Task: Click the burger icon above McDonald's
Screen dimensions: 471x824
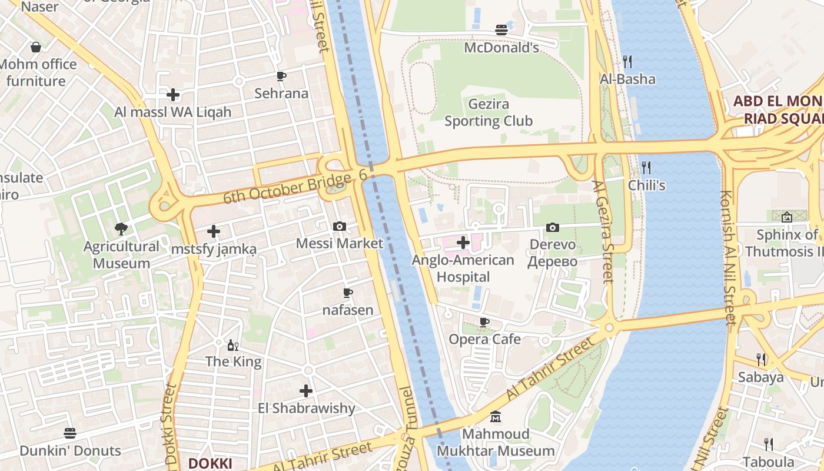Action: click(x=501, y=30)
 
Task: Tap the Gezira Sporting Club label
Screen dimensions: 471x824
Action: click(x=489, y=112)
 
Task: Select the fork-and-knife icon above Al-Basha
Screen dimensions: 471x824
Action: click(x=627, y=61)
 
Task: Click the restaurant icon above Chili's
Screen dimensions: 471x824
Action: click(x=646, y=167)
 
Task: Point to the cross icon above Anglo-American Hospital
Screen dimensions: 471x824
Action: click(x=463, y=242)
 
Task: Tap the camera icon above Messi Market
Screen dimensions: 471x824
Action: click(x=340, y=226)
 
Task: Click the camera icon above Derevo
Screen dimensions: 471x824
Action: click(x=552, y=227)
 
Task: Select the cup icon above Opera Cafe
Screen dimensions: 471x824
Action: click(x=484, y=322)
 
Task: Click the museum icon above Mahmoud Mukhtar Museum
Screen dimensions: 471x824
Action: click(x=496, y=417)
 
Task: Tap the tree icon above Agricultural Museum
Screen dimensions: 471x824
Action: click(x=121, y=228)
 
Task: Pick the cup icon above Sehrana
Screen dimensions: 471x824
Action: click(x=281, y=76)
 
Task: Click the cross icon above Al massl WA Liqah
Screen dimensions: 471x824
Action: click(x=173, y=94)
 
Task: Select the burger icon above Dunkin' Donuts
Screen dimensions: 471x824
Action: click(x=70, y=433)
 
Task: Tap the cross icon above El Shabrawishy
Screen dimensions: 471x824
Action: click(x=306, y=390)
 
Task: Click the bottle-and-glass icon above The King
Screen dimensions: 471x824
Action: click(x=233, y=344)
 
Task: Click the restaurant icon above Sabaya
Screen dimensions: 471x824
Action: click(x=761, y=359)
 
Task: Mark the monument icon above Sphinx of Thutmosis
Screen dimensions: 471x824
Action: click(x=787, y=217)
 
